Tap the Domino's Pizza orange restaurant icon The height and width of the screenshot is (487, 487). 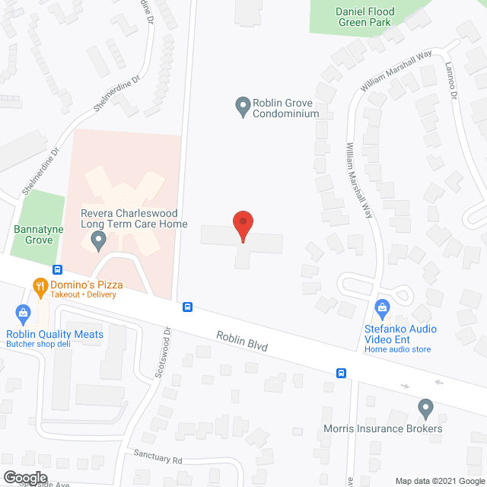click(41, 286)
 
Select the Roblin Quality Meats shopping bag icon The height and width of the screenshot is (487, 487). click(24, 313)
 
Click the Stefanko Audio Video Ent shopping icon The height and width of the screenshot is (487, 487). click(384, 308)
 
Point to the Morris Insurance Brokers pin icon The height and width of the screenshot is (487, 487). click(425, 409)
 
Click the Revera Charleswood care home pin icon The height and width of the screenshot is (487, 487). click(97, 243)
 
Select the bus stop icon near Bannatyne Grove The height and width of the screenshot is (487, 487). click(57, 269)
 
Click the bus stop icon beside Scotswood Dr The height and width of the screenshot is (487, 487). click(187, 307)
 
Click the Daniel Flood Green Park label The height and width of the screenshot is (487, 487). click(363, 17)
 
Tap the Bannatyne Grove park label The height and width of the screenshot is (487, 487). click(33, 234)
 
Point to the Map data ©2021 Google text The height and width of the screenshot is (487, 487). click(438, 480)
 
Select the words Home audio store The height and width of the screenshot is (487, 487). click(397, 349)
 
